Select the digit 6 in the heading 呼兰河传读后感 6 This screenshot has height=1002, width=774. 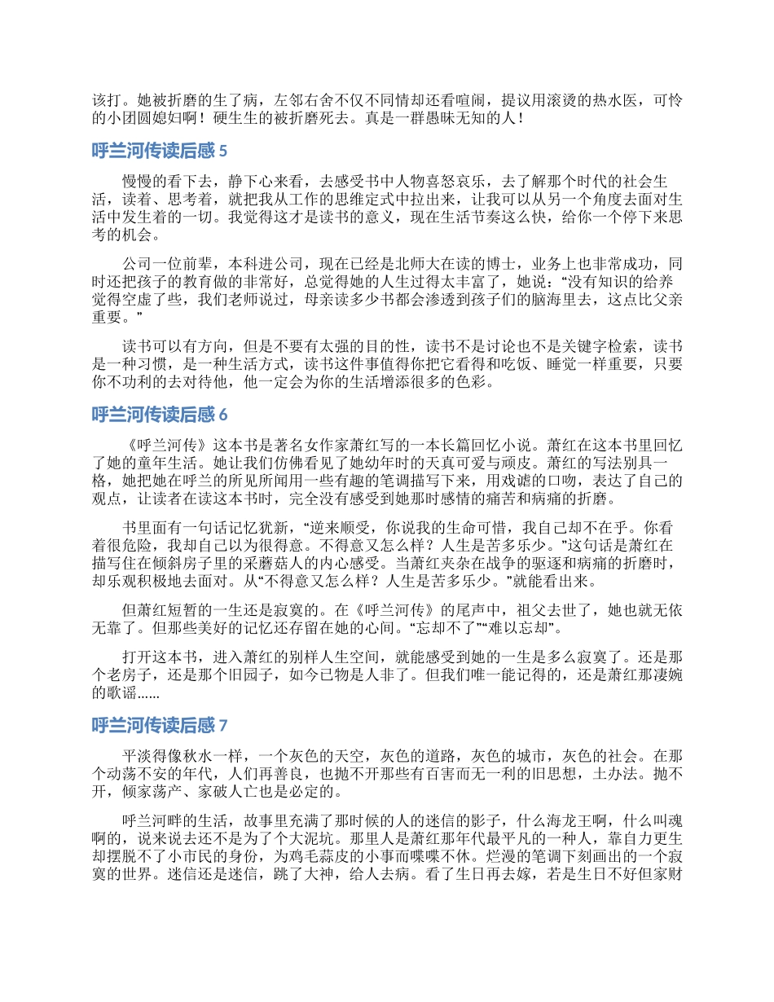pos(223,415)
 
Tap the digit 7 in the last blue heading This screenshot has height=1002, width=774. pos(223,724)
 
